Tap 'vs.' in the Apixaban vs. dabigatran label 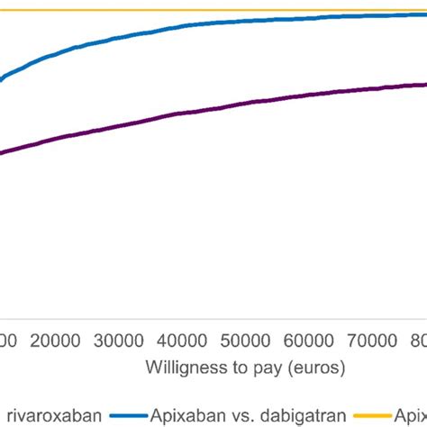point(244,415)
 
